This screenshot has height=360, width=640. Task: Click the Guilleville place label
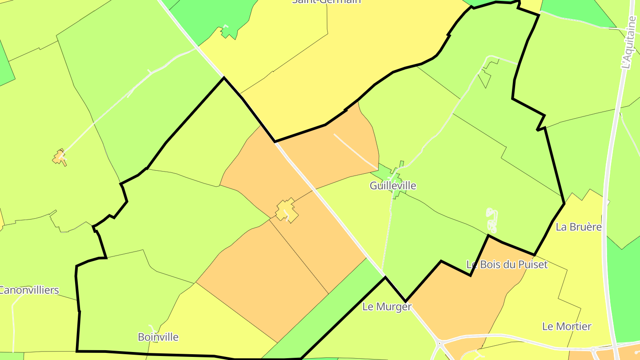tap(393, 185)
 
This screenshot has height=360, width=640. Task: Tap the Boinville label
tap(158, 337)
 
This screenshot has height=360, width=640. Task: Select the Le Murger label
tap(387, 307)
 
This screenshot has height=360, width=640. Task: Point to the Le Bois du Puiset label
tap(507, 264)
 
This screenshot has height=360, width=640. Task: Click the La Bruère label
tap(579, 227)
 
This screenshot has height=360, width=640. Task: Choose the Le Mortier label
tap(567, 327)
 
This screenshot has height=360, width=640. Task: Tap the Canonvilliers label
tap(29, 291)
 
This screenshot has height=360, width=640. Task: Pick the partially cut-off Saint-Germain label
tap(326, 2)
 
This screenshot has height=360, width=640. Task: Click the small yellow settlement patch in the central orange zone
tap(286, 210)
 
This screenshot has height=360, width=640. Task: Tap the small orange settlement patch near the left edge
tap(60, 157)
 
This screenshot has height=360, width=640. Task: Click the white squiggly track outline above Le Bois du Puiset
tap(492, 220)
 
